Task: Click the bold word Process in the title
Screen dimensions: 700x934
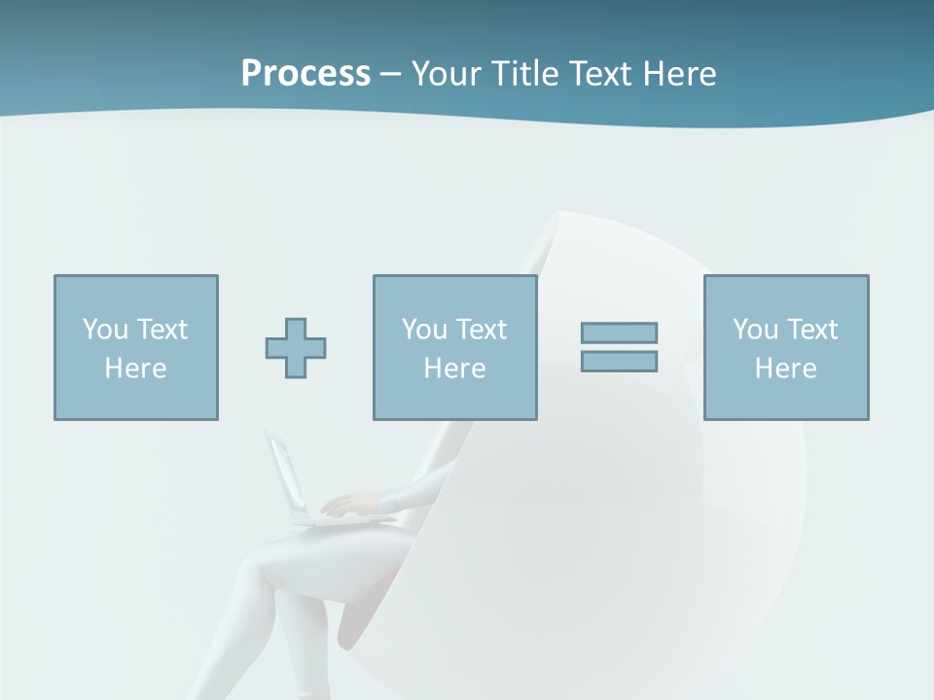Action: pos(305,73)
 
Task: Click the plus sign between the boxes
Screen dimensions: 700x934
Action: pos(296,348)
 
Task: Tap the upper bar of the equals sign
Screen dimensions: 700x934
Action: pos(619,332)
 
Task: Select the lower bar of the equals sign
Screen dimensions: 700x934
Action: pos(619,361)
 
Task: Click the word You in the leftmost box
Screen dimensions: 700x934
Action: pos(105,330)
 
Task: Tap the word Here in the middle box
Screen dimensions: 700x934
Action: pos(454,368)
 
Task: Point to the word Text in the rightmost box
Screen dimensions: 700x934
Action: pos(813,330)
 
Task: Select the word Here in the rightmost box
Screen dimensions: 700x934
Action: pos(785,368)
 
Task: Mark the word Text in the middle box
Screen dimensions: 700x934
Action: pos(483,330)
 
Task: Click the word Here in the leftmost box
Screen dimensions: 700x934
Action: pos(136,368)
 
